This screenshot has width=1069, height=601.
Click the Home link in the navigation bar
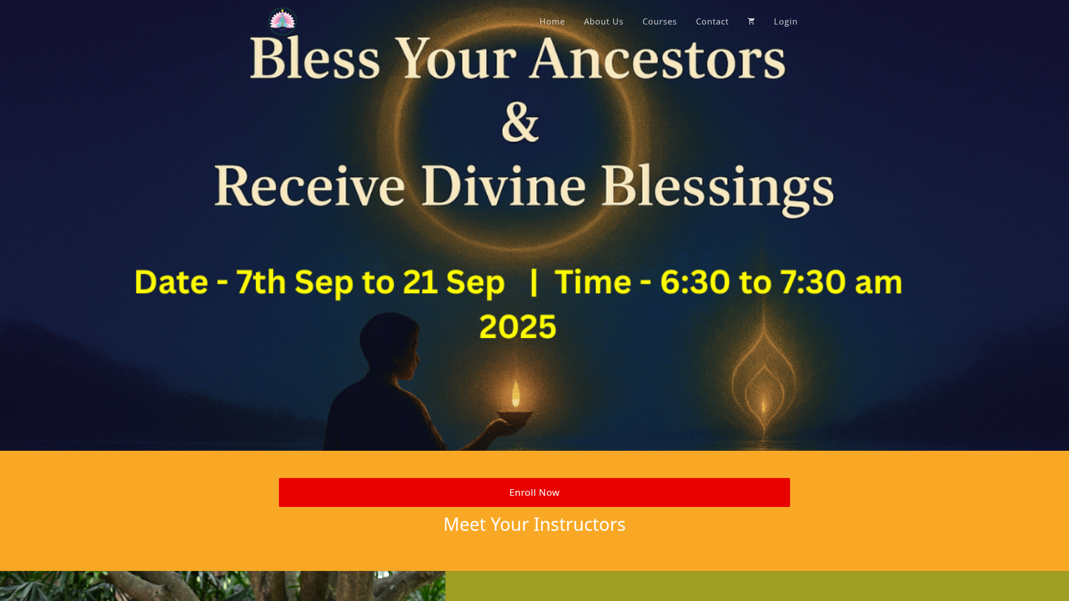[x=552, y=21]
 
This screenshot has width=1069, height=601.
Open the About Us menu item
[x=604, y=21]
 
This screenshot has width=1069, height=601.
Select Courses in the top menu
[x=659, y=21]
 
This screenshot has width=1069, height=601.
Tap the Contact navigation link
[x=712, y=21]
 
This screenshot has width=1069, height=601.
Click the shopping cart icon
[x=751, y=21]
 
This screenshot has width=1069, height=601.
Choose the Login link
[x=786, y=21]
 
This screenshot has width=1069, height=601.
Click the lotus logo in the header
[x=283, y=21]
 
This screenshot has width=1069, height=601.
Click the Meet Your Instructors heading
[x=534, y=524]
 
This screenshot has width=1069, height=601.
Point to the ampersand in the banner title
[x=521, y=121]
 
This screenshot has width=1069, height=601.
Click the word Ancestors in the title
[x=658, y=58]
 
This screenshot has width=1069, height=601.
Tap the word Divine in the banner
[x=503, y=185]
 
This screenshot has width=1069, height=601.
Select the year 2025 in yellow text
[x=518, y=326]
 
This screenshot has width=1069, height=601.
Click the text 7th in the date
[x=261, y=282]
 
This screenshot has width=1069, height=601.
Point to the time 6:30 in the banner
[x=695, y=282]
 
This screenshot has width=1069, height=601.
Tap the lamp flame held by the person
[x=516, y=394]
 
